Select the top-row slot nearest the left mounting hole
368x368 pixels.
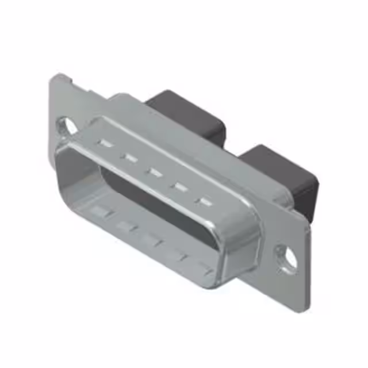pos(103,143)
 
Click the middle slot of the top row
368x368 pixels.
pos(154,171)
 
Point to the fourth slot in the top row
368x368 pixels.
pos(179,186)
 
